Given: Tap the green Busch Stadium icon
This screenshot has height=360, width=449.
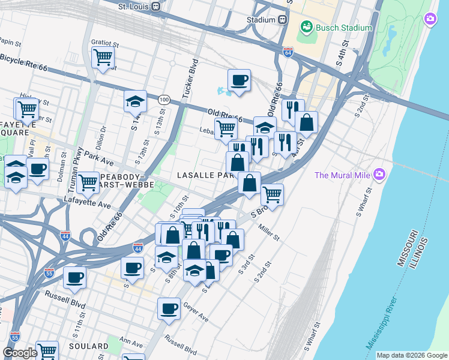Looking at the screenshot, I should pos(307,27).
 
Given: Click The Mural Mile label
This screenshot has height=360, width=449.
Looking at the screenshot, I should pos(343,175).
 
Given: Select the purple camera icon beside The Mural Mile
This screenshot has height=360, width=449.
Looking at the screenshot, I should pos(379,175).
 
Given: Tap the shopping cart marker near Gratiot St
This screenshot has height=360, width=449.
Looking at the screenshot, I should pos(103,58).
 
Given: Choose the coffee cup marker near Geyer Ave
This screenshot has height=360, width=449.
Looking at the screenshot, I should pos(169,309).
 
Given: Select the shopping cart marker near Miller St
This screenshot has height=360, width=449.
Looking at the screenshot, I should pos(273,194).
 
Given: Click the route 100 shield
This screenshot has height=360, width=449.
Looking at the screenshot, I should pos(163,98).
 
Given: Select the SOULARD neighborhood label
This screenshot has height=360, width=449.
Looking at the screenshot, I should pos(89,347).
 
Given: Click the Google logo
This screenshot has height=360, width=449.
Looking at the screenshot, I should pos(19,353).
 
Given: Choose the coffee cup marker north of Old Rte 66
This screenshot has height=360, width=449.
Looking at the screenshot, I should pos(239,80).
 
